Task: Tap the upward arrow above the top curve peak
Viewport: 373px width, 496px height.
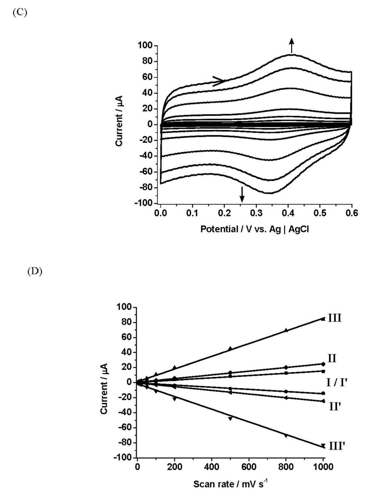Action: (292, 46)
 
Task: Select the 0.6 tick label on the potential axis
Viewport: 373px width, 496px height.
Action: (351, 213)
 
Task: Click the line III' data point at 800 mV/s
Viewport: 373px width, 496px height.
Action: (286, 435)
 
